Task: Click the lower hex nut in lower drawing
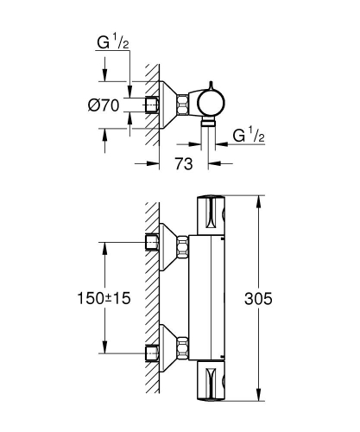click(183, 353)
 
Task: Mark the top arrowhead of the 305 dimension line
click(257, 199)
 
